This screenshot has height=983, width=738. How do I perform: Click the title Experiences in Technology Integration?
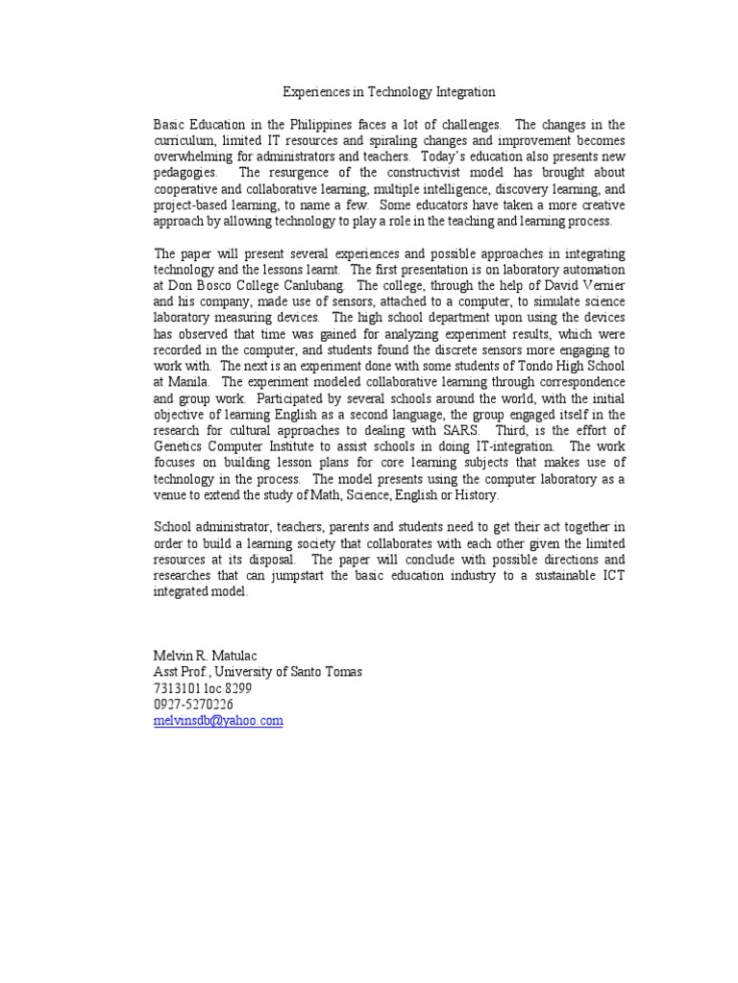coord(389,92)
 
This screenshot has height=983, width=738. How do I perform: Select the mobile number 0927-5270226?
coord(193,705)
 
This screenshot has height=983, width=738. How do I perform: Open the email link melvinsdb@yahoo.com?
coord(218,721)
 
